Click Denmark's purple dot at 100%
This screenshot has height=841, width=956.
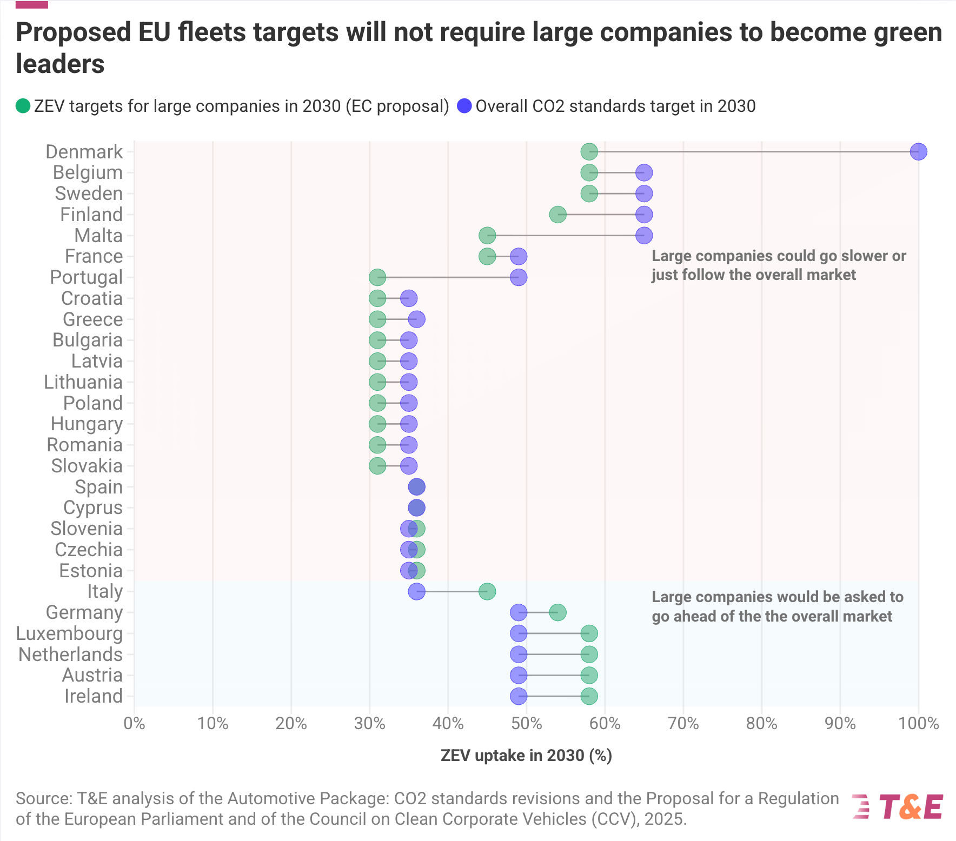[x=918, y=152]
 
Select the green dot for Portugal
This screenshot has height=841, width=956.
[x=377, y=277]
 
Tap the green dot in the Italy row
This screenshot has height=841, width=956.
[x=487, y=591]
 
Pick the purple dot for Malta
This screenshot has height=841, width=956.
[x=644, y=236]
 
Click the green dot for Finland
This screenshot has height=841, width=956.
[x=557, y=215]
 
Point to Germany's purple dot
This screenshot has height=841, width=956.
[x=519, y=612]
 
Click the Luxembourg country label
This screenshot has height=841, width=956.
[x=69, y=633]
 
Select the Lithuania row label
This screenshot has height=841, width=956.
[x=83, y=382]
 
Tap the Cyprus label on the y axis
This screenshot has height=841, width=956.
[x=93, y=508]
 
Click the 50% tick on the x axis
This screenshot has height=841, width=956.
[x=527, y=723]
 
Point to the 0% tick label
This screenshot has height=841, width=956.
[x=134, y=723]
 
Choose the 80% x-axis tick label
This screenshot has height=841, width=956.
[x=762, y=723]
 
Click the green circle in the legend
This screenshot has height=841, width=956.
[x=23, y=106]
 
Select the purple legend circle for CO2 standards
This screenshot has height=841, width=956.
[x=464, y=106]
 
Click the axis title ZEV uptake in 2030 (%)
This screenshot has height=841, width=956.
[x=526, y=756]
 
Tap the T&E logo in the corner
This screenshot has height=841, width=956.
[x=898, y=807]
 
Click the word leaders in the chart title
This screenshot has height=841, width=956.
[x=60, y=64]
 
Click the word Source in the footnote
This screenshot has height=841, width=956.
[x=43, y=798]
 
